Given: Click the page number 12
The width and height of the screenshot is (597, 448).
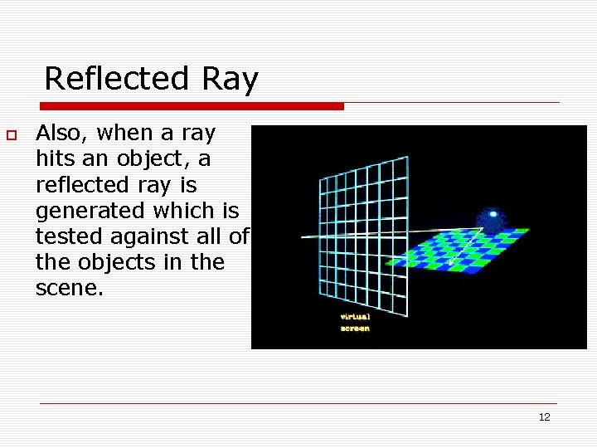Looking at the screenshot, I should point(544,416).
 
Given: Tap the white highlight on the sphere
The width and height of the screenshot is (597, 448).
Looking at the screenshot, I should point(494,214).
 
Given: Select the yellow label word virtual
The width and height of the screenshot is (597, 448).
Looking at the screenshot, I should point(355,316).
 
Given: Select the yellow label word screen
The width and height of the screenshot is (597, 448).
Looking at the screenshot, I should point(355,328).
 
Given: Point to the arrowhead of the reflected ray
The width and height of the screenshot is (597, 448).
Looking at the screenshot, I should point(451,263).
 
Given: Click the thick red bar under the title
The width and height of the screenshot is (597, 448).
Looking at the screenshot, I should point(192,106).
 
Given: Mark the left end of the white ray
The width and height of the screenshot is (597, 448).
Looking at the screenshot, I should point(303,236).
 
